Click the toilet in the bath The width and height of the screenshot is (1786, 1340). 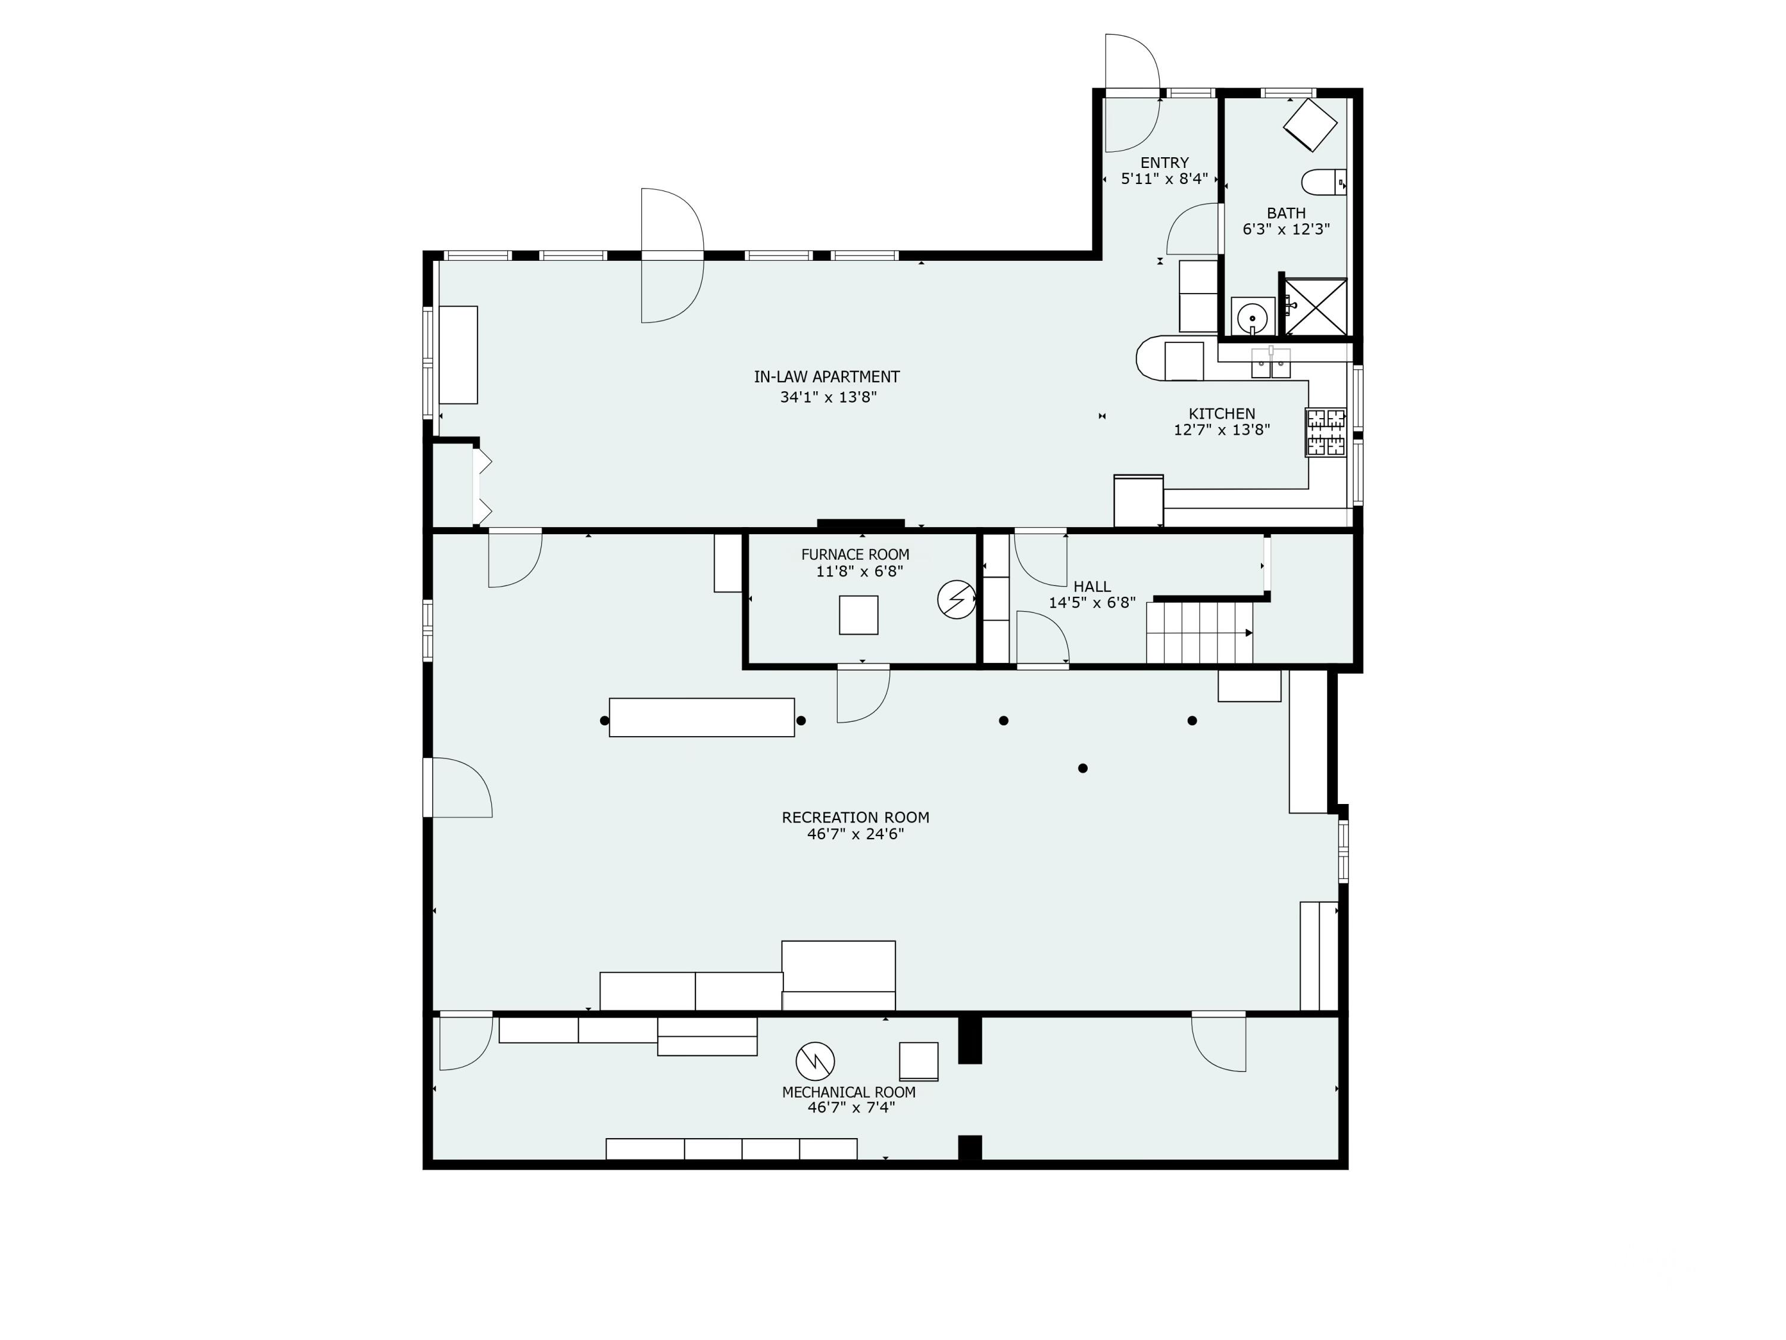pos(1324,183)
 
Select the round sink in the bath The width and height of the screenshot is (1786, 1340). pos(1253,316)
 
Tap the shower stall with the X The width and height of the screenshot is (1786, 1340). pos(1315,306)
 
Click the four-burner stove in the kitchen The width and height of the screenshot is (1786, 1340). pos(1326,432)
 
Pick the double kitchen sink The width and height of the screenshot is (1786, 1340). pos(1271,363)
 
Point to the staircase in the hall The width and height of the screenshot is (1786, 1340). pos(1200,632)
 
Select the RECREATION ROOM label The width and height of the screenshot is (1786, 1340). pos(855,818)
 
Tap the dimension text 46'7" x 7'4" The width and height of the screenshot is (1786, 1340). pos(851,1107)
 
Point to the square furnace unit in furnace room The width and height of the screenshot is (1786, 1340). pos(858,615)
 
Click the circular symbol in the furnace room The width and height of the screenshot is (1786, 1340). pos(957,599)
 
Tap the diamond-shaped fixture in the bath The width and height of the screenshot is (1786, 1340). pos(1310,124)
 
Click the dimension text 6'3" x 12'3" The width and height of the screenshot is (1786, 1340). pos(1286,229)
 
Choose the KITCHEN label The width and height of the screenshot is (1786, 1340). pos(1222,413)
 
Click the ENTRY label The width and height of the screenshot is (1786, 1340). pos(1164,163)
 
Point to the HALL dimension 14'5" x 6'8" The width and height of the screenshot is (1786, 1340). pos(1092,603)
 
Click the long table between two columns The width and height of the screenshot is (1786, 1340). pos(702,717)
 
